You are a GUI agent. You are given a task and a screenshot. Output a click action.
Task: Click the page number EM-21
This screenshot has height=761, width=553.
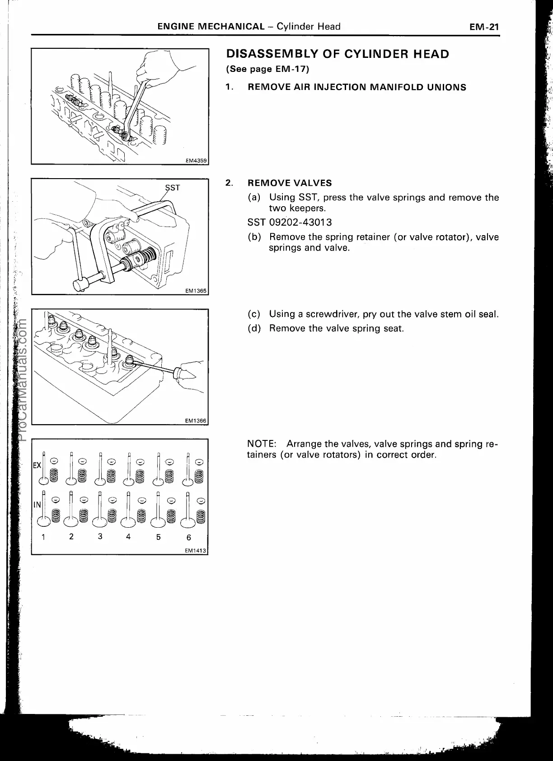[x=483, y=27]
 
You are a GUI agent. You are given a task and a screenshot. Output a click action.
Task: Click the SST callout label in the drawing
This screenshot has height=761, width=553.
[x=172, y=187]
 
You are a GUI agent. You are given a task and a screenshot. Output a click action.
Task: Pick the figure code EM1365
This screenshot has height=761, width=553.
[x=196, y=291]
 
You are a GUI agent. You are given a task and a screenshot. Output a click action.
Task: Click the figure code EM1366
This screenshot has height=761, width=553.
[x=196, y=421]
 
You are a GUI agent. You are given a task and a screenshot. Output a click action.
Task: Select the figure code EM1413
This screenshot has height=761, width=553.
[x=195, y=550]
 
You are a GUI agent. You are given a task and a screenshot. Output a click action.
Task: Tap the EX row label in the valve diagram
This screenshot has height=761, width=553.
[x=37, y=465]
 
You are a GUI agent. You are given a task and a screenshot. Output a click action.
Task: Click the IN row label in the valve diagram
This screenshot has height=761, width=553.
[x=37, y=504]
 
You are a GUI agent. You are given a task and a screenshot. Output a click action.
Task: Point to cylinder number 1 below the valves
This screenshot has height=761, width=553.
[x=43, y=537]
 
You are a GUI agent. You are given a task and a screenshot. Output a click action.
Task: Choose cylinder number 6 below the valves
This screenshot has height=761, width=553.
[x=189, y=537]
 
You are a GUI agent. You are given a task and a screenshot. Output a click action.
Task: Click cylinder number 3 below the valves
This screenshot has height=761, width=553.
[x=100, y=536]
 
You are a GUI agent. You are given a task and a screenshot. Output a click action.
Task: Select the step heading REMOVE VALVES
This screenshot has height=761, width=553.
[x=290, y=183]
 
